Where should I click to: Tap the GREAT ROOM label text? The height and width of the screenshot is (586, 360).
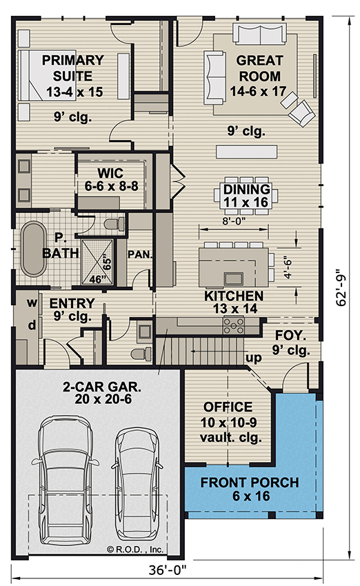(258, 68)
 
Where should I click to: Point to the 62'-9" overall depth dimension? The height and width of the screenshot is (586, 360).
(337, 287)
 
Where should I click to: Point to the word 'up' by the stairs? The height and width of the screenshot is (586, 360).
(254, 358)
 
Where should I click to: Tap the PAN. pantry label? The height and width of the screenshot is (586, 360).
(140, 253)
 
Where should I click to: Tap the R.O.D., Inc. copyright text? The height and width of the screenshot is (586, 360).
(134, 549)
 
